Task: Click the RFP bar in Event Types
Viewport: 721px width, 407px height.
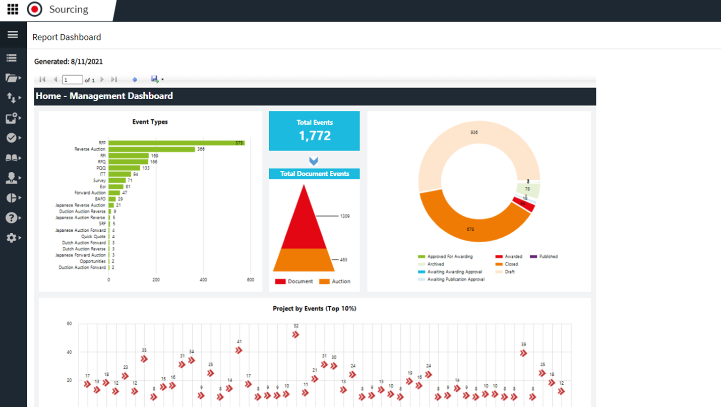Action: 176,143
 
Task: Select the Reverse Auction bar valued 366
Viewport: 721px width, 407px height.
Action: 151,149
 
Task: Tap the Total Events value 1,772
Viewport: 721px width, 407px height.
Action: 314,135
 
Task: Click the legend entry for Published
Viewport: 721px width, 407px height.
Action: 548,256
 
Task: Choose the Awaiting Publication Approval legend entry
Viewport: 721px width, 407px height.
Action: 455,279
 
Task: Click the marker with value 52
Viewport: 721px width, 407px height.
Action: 296,334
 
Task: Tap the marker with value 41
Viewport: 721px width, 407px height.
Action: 239,350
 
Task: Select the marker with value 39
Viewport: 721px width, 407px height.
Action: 523,353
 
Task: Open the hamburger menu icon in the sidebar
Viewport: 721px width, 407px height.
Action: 13,35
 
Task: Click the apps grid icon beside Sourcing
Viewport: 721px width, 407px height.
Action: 13,9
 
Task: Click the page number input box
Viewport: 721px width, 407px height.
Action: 72,80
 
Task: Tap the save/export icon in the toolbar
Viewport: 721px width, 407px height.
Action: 155,79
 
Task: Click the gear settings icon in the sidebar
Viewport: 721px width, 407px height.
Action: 11,238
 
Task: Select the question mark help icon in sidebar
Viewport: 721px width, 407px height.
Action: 11,218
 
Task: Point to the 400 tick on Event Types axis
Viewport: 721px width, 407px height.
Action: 203,280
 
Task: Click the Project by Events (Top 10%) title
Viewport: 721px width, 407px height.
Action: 314,308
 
